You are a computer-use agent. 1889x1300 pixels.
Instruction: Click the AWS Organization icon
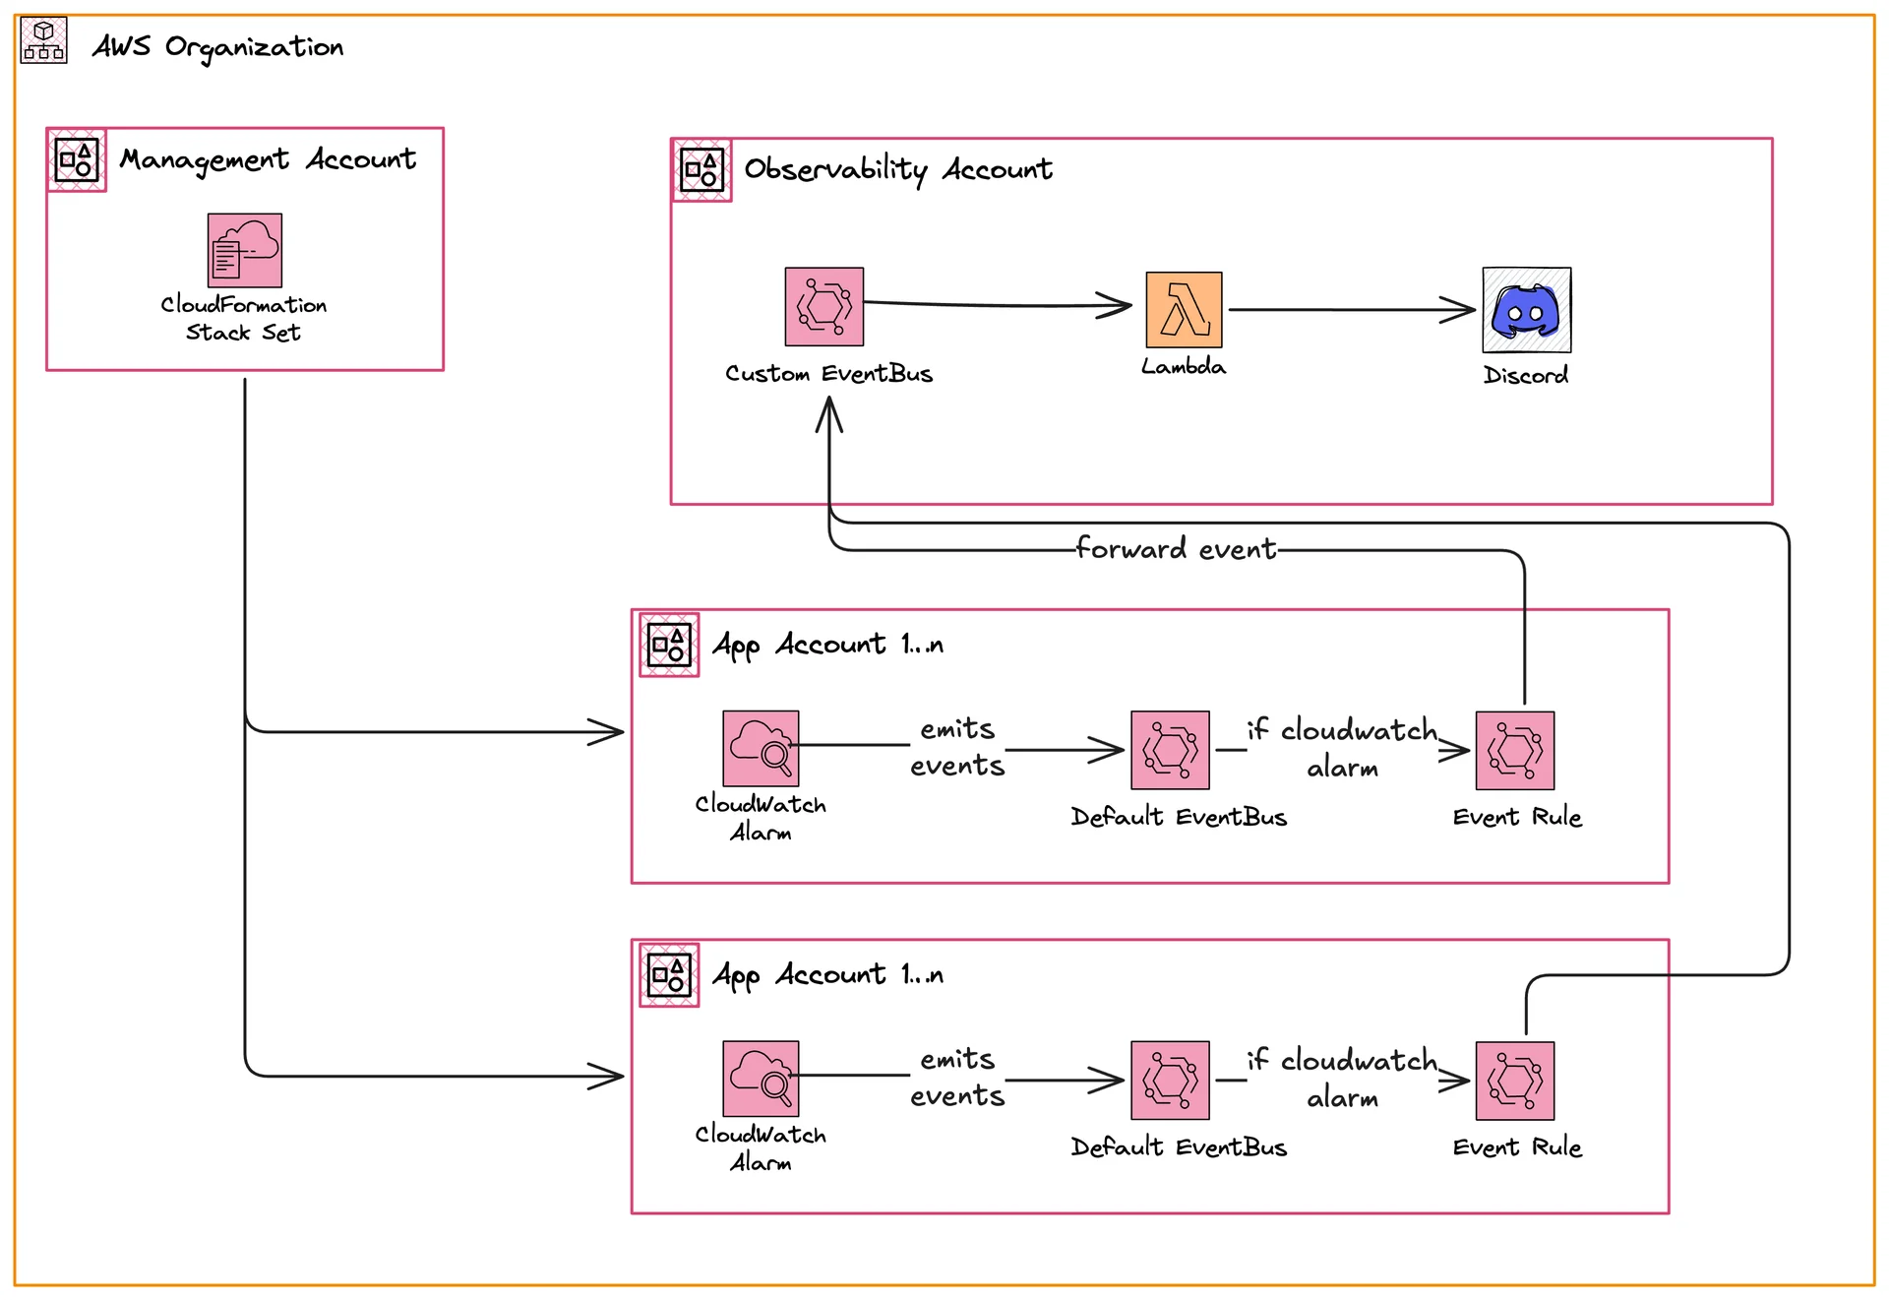pos(43,41)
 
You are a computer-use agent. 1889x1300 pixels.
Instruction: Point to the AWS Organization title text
pos(217,47)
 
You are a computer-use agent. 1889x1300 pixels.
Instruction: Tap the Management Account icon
pos(77,159)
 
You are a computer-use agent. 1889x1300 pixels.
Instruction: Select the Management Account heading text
pos(268,159)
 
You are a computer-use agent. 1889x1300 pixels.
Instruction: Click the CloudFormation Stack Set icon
pos(245,250)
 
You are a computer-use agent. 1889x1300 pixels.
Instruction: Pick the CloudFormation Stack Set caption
pos(244,319)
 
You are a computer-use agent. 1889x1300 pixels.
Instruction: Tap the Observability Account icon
pos(701,170)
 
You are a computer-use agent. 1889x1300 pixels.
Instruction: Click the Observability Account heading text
pos(897,169)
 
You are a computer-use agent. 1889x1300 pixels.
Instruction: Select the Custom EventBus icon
pos(824,306)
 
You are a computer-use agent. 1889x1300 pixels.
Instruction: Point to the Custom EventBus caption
pos(828,374)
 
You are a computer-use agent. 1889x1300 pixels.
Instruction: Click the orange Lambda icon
pos(1184,310)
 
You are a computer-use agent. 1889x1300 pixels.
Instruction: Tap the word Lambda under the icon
pos(1184,367)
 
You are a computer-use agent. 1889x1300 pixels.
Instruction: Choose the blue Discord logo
pos(1526,310)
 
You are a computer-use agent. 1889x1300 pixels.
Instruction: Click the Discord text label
pos(1526,375)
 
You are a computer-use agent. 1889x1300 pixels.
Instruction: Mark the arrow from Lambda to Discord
pos(1353,310)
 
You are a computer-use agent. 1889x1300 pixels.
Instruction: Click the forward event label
pos(1176,548)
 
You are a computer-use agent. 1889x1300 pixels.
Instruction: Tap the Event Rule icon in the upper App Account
pos(1515,751)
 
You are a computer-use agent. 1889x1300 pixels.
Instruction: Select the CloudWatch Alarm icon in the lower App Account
pos(761,1079)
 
